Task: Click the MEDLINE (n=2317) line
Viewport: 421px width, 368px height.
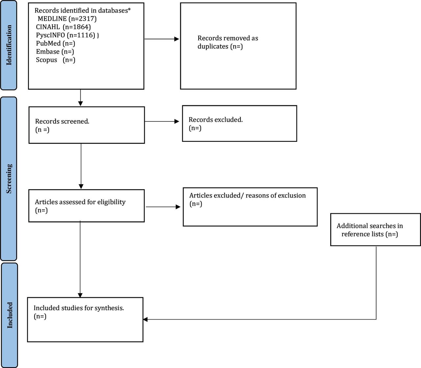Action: point(67,19)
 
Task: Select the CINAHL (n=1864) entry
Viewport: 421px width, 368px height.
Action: point(63,27)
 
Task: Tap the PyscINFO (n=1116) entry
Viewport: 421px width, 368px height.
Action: point(67,35)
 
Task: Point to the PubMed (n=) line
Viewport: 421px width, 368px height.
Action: point(56,43)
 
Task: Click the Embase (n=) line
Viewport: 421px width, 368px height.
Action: point(55,52)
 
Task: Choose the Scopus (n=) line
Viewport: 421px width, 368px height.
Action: point(56,60)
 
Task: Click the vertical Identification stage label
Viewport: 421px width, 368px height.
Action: point(9,45)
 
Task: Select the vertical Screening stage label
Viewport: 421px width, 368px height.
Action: point(9,179)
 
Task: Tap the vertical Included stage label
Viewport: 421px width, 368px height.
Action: point(10,315)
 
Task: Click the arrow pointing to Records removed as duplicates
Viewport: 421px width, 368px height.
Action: point(162,39)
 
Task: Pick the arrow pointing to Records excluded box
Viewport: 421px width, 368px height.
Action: point(162,121)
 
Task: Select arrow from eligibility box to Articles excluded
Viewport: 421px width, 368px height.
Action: point(163,207)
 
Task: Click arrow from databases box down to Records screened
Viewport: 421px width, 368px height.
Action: point(81,98)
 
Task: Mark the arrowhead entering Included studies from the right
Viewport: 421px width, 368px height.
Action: point(145,319)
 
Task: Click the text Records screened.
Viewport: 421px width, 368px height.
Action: point(62,121)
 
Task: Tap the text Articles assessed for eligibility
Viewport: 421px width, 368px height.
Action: point(80,202)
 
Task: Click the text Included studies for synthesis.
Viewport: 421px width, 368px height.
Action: point(79,308)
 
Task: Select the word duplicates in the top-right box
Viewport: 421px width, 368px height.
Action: point(213,46)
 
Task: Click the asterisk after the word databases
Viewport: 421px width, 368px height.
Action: point(129,9)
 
